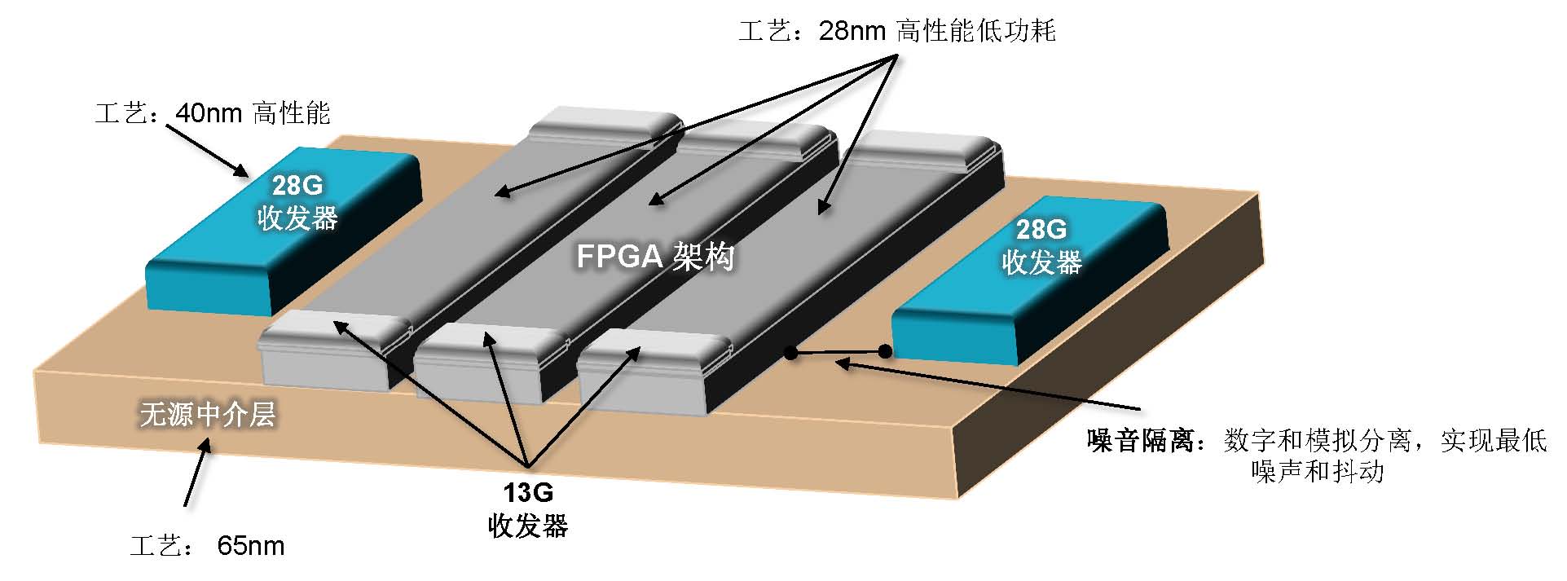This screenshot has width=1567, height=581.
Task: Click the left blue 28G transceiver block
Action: [283, 231]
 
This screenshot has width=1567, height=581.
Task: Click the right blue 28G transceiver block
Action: [1030, 280]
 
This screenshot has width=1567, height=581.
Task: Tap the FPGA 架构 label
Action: [655, 257]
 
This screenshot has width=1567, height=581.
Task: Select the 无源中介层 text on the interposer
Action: [208, 415]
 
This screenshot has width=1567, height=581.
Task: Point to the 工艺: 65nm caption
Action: [208, 545]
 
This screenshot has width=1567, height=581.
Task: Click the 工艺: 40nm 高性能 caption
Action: [213, 112]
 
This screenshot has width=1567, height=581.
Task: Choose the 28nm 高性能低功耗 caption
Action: [897, 31]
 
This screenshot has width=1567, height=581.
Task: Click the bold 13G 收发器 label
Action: [528, 509]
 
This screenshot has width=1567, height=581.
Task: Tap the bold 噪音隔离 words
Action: [1141, 441]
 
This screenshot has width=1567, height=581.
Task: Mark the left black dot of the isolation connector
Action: [790, 352]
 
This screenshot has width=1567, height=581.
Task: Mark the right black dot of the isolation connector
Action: [885, 351]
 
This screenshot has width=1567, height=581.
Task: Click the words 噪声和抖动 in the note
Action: [1317, 472]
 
